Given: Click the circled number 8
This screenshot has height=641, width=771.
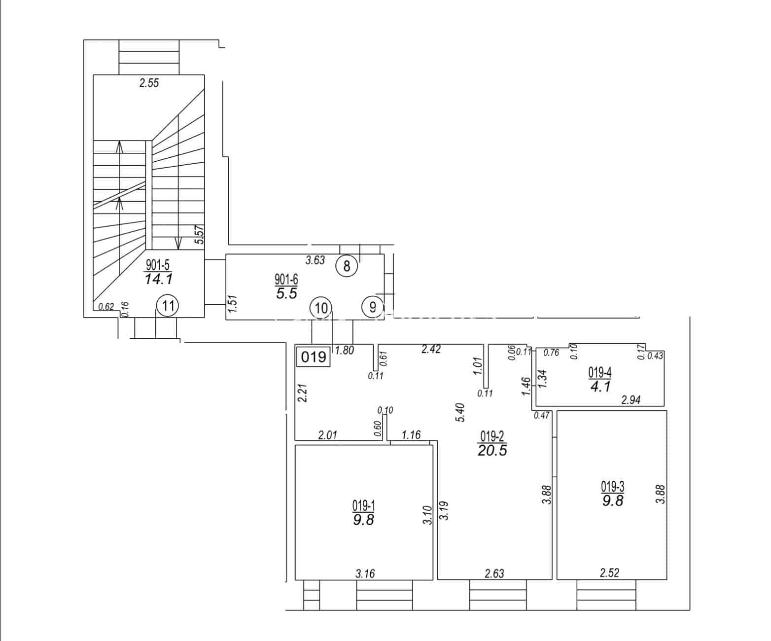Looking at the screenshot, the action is pyautogui.click(x=347, y=266).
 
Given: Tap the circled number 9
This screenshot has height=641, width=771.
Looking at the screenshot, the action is pyautogui.click(x=373, y=307).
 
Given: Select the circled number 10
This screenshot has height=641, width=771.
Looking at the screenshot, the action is pyautogui.click(x=321, y=308).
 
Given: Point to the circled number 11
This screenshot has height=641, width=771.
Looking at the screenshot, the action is pyautogui.click(x=168, y=306).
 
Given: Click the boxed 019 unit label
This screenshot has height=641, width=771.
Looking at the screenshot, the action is pyautogui.click(x=314, y=357).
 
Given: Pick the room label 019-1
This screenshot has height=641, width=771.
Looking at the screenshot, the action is pyautogui.click(x=364, y=505).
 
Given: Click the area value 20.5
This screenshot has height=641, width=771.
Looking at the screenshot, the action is pyautogui.click(x=492, y=451).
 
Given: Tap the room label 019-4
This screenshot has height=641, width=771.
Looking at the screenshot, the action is pyautogui.click(x=600, y=373).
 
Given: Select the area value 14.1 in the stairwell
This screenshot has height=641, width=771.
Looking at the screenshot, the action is pyautogui.click(x=158, y=279).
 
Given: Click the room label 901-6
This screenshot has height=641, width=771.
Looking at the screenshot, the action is pyautogui.click(x=286, y=280).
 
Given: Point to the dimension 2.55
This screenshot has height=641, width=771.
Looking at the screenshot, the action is pyautogui.click(x=149, y=83).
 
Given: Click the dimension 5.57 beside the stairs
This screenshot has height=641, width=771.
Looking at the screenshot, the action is pyautogui.click(x=199, y=235).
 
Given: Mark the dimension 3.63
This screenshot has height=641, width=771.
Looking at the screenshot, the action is pyautogui.click(x=315, y=260).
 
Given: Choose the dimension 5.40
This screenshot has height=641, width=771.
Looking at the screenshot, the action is pyautogui.click(x=460, y=412).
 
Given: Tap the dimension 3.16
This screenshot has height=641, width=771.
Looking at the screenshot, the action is pyautogui.click(x=365, y=573).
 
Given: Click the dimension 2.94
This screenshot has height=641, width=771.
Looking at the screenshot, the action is pyautogui.click(x=631, y=400).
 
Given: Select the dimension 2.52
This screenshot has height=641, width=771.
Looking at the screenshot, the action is pyautogui.click(x=609, y=572).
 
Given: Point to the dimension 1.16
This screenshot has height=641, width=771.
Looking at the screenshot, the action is pyautogui.click(x=411, y=435).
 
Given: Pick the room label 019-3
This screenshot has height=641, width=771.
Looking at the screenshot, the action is pyautogui.click(x=613, y=487).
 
